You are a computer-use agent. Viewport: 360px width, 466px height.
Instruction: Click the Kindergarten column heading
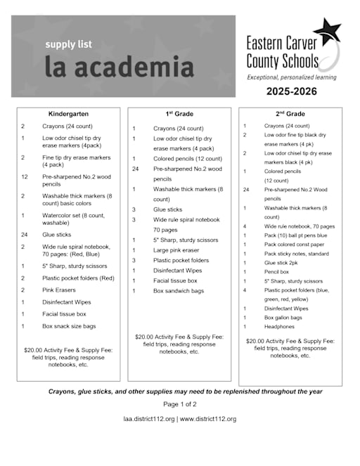(68, 114)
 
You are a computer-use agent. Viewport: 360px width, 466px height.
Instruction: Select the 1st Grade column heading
(179, 113)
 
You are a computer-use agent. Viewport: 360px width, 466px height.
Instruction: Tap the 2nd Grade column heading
(290, 114)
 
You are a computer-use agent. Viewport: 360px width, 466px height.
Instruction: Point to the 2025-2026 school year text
(291, 91)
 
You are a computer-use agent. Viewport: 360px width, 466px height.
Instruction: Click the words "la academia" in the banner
(119, 67)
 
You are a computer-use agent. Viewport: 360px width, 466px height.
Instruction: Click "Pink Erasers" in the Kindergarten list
(58, 289)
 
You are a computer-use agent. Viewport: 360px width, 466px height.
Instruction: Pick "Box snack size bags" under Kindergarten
(69, 326)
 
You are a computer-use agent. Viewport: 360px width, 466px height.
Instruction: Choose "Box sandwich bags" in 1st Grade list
(179, 290)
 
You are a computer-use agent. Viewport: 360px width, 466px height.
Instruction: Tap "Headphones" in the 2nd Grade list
(279, 327)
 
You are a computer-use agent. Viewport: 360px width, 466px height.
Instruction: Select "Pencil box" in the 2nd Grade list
(277, 271)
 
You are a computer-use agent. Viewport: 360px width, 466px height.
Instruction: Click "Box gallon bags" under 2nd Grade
(283, 318)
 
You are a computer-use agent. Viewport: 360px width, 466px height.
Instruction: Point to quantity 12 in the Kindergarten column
(25, 177)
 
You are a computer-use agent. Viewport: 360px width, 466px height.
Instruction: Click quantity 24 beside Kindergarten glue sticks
(25, 235)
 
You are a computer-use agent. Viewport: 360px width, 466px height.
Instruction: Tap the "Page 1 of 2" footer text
(180, 404)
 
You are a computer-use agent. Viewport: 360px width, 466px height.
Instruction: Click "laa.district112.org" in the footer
(148, 419)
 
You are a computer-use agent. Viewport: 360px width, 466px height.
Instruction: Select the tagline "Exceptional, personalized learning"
(291, 77)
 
